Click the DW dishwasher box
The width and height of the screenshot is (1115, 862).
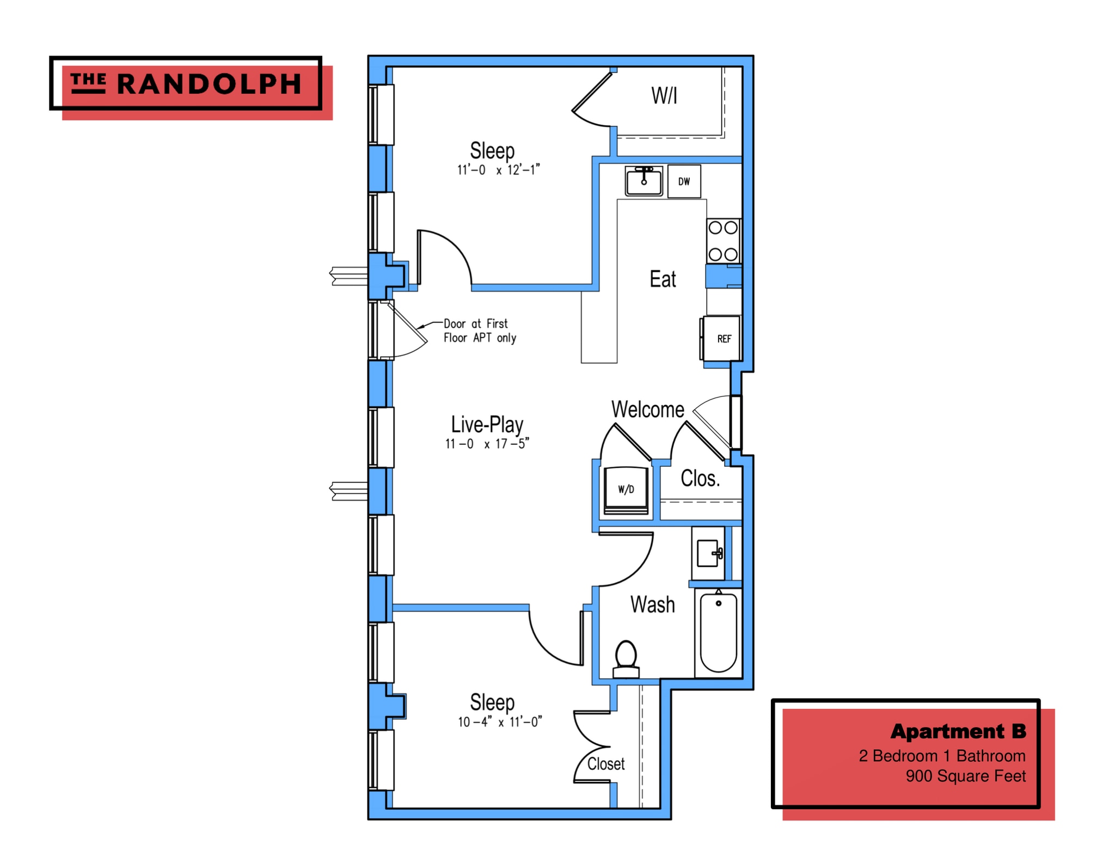click(684, 181)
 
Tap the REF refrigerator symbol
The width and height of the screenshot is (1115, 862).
click(722, 339)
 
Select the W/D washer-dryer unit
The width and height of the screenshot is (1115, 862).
click(626, 490)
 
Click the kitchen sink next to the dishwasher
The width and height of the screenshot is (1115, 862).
click(644, 181)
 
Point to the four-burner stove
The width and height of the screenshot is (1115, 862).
click(723, 241)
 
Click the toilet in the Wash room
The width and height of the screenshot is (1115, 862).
click(626, 658)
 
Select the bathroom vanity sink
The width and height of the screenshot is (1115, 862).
click(708, 553)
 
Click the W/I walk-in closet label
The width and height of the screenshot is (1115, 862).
click(664, 96)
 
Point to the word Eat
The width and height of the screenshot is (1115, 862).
click(663, 279)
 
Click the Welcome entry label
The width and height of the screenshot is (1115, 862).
click(647, 409)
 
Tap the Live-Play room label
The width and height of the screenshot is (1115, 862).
click(487, 424)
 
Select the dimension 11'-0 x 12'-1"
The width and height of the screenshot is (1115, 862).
click(498, 170)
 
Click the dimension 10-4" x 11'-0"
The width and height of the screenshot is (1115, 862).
click(500, 722)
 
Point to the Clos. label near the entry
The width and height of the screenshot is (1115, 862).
click(700, 479)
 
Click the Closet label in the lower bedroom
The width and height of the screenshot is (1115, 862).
click(605, 764)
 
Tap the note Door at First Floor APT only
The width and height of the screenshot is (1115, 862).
click(479, 331)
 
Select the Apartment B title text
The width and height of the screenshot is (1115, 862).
click(958, 731)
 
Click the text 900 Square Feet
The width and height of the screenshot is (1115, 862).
click(965, 776)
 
